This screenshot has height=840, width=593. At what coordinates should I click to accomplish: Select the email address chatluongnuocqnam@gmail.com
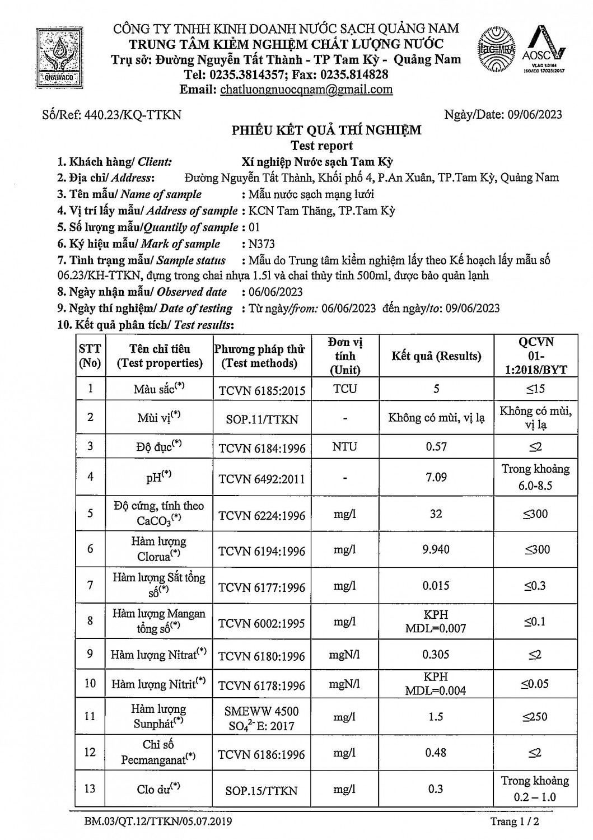[306, 90]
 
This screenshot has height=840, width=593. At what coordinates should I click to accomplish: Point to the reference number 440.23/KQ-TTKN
[132, 115]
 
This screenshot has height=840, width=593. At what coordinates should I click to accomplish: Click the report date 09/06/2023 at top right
[535, 115]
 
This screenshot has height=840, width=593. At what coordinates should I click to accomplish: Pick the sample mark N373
[262, 244]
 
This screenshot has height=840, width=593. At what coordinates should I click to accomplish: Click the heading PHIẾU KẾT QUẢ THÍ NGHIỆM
[326, 130]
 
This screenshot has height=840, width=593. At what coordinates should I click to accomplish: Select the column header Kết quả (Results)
[436, 356]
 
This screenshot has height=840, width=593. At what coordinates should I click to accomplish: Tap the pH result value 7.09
[436, 477]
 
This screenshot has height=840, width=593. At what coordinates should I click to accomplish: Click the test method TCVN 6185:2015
[262, 390]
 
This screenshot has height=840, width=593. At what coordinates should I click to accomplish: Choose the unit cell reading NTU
[344, 447]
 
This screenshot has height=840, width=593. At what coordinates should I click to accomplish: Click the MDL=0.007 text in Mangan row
[436, 628]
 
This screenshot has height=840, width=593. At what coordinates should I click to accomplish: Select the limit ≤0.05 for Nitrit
[535, 684]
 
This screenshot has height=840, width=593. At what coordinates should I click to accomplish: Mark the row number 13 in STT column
[90, 789]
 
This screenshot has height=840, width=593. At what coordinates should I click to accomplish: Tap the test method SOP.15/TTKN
[262, 791]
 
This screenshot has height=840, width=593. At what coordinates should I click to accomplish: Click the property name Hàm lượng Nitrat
[158, 655]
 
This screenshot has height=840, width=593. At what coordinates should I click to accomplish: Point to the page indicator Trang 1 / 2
[515, 822]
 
